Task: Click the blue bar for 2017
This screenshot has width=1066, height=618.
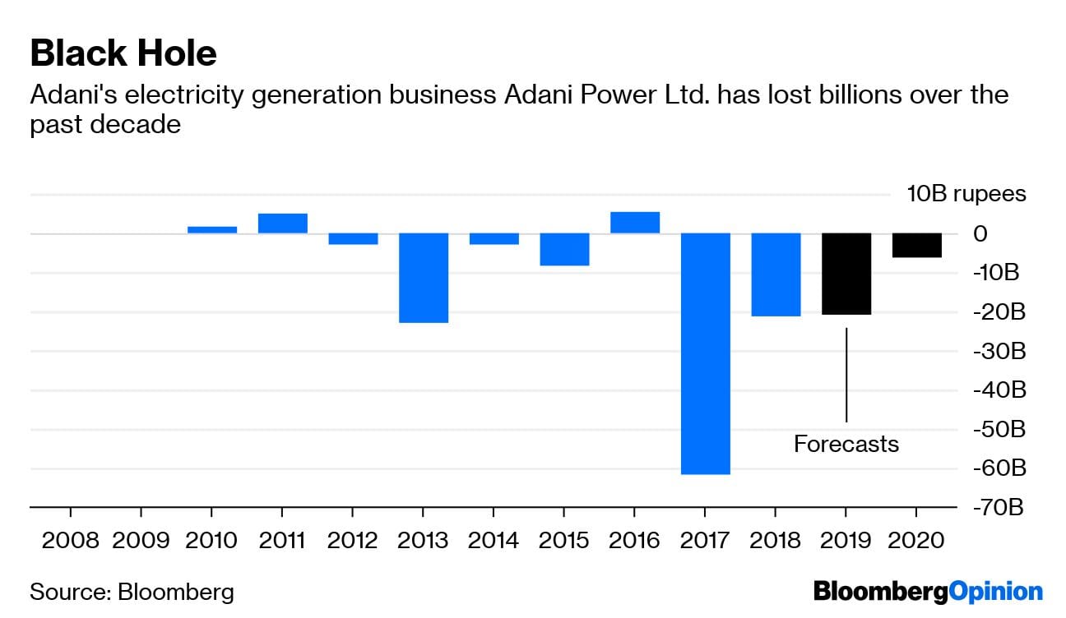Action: pyautogui.click(x=705, y=353)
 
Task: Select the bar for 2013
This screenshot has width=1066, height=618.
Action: pyautogui.click(x=424, y=278)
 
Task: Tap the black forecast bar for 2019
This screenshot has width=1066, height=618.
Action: pyautogui.click(x=846, y=274)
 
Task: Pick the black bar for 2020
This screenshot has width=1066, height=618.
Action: pyautogui.click(x=917, y=246)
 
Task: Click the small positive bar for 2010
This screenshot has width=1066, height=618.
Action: pyautogui.click(x=212, y=230)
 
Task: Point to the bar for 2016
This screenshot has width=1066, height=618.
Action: pyautogui.click(x=634, y=223)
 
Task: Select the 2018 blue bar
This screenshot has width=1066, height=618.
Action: pyautogui.click(x=776, y=274)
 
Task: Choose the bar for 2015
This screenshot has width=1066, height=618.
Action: pyautogui.click(x=564, y=249)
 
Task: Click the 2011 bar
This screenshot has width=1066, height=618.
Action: pyautogui.click(x=282, y=224)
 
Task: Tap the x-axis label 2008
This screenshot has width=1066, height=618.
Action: pyautogui.click(x=71, y=540)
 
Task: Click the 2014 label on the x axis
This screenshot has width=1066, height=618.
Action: pyautogui.click(x=494, y=540)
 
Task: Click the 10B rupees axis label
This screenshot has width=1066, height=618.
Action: pyautogui.click(x=966, y=194)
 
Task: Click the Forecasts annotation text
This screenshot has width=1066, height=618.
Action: pyautogui.click(x=846, y=445)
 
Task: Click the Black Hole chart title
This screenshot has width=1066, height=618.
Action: pyautogui.click(x=123, y=53)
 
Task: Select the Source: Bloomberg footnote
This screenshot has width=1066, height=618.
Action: pyautogui.click(x=132, y=592)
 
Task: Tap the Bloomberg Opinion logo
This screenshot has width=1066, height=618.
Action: pyautogui.click(x=928, y=592)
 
